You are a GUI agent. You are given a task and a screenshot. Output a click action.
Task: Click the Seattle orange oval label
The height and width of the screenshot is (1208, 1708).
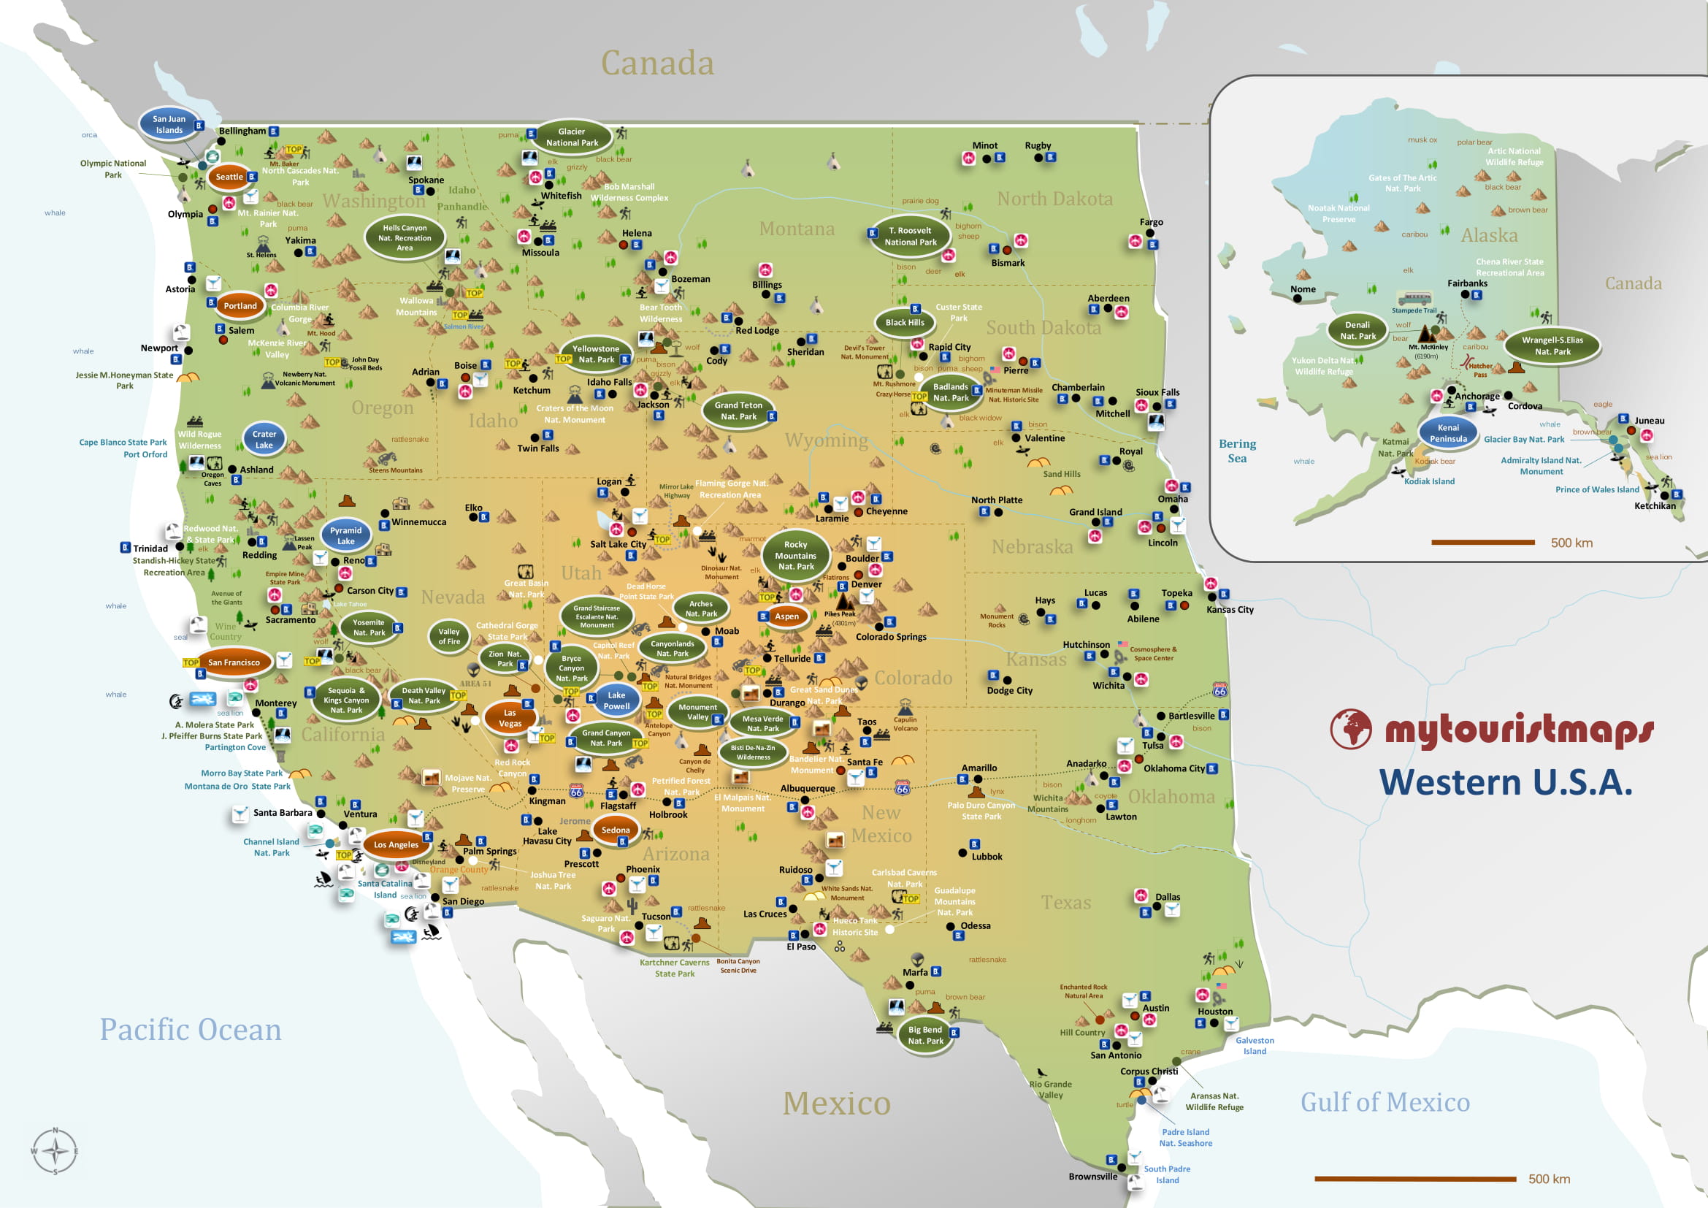coord(229,177)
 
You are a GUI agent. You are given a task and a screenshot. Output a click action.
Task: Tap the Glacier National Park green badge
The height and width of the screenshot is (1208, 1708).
coord(571,137)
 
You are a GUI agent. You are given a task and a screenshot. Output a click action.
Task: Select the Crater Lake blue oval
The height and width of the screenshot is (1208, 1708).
coord(264,440)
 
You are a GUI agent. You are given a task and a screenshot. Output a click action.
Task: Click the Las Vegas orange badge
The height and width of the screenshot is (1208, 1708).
coord(510,718)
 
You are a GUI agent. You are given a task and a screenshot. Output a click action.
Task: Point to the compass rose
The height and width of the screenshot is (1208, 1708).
coord(55,1152)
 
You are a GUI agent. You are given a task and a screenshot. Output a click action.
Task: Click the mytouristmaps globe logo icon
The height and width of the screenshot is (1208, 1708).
coord(1350,729)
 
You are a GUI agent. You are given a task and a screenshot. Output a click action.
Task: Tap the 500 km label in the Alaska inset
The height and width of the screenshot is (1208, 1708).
coord(1571,543)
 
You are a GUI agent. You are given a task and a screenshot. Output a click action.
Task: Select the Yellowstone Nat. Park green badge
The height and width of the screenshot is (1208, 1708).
coord(596,354)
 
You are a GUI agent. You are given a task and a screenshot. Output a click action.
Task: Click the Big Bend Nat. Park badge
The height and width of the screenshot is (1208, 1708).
coord(924,1036)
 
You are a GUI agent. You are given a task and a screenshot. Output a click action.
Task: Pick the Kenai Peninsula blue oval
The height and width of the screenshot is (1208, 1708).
coord(1447,433)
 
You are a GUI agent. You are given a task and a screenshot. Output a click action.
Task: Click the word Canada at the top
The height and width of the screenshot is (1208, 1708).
coord(657,64)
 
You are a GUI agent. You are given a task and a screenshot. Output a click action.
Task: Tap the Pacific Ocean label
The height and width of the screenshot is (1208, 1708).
coord(191,1030)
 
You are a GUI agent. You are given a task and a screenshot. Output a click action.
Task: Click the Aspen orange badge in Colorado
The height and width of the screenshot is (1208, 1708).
coord(786,616)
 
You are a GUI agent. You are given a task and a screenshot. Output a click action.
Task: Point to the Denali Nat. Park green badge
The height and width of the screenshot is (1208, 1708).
coord(1357,330)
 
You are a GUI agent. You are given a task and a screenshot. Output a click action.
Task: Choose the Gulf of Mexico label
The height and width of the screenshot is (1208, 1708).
coord(1385,1101)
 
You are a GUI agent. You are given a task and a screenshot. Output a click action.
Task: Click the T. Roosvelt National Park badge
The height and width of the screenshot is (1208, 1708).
coord(911,237)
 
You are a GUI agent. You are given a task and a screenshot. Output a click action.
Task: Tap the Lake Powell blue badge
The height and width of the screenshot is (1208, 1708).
coord(616,700)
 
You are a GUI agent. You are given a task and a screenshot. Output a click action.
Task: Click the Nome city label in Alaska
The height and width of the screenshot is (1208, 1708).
coord(1303,289)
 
